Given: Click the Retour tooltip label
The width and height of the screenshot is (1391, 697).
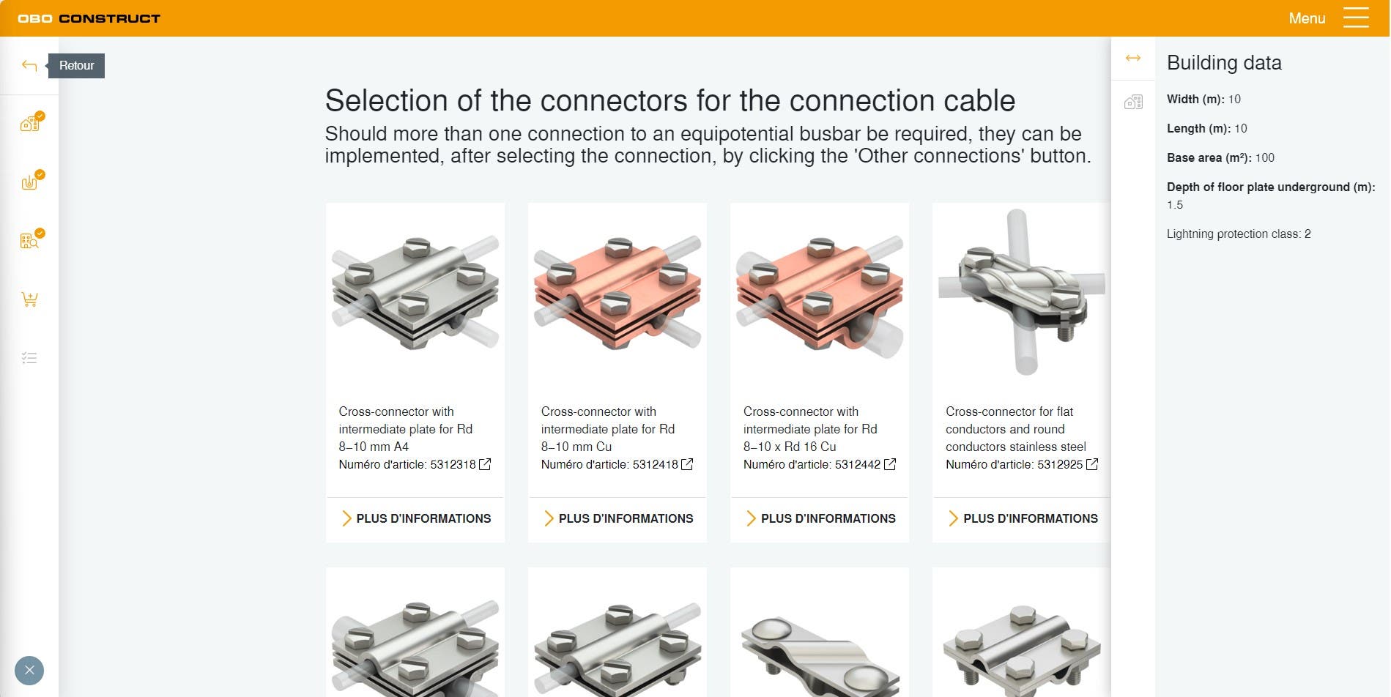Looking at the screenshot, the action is pos(76,66).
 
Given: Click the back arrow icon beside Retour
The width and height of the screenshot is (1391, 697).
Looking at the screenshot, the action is pos(29,66).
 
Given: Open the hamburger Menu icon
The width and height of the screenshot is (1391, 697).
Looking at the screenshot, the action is pos(1356,18).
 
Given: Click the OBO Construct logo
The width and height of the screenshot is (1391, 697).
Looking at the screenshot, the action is pos(89,18).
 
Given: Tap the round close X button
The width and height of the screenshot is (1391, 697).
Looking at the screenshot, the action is pos(29,670).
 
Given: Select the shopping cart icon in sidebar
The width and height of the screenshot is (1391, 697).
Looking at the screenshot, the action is pos(29,299).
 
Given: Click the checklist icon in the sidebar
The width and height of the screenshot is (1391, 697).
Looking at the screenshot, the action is pos(29,358).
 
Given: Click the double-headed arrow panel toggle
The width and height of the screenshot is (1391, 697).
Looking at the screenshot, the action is pos(1133,58).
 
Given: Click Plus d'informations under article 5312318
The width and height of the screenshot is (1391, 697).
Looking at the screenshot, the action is pos(416,518).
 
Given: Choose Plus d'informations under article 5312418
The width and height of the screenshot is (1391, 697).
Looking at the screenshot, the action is pos(618,518).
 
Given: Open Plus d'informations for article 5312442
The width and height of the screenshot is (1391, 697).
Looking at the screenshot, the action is pos(820,518).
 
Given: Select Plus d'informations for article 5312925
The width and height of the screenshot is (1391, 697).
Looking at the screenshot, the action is pos(1023,518).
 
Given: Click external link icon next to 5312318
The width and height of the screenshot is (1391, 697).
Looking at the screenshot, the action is pos(485,464).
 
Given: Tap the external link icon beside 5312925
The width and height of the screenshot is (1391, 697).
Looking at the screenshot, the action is pos(1092,464).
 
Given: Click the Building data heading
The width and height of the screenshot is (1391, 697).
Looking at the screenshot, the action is pos(1224,63).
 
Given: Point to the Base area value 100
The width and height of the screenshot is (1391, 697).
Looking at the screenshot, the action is pos(1265,157).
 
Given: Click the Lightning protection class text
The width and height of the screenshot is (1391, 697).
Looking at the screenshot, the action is pos(1239,234).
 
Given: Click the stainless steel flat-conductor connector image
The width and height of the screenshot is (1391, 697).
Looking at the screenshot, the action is pos(1021,292).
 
